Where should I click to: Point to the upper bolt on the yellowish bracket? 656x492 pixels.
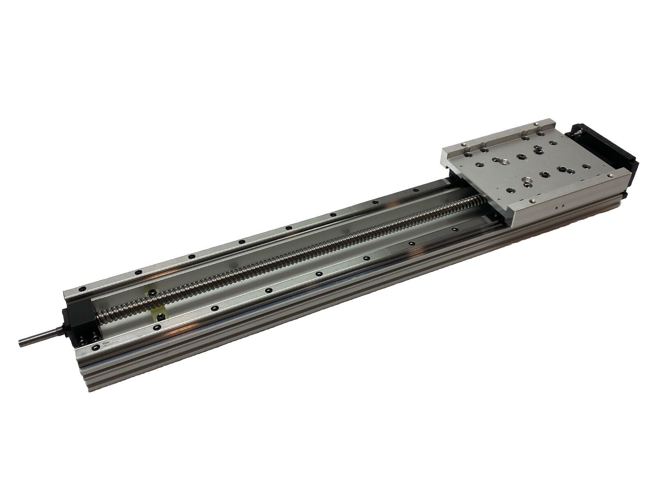pos(151,292)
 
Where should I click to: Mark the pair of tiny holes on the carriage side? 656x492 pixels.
pos(560,208)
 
